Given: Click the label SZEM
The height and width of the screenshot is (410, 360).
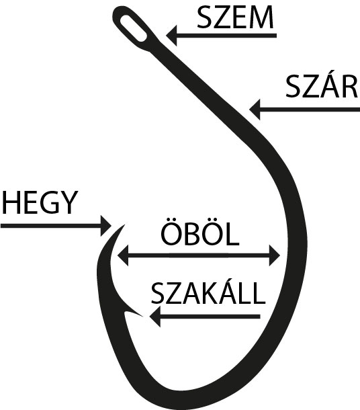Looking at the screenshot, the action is click(x=235, y=17).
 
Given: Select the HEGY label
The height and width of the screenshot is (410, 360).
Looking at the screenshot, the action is click(x=40, y=202).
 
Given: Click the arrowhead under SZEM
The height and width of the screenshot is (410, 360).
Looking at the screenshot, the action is click(x=172, y=36).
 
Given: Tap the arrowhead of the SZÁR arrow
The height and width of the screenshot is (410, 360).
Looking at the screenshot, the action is click(x=255, y=110).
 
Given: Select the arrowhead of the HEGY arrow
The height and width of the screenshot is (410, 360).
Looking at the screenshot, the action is click(x=106, y=226).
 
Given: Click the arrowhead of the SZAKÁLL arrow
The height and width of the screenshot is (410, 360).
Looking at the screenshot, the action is click(x=155, y=317).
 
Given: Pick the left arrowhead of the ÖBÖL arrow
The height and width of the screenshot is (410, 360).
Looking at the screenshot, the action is click(x=123, y=255).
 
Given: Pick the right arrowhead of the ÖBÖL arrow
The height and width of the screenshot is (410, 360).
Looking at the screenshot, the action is click(x=275, y=255).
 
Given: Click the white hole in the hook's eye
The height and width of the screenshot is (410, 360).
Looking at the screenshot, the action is click(x=134, y=28).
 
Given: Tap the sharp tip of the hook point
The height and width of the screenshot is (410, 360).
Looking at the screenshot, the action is click(x=124, y=224).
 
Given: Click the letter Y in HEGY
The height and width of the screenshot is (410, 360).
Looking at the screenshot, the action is click(x=69, y=202).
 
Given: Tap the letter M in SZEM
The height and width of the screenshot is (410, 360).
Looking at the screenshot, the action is click(x=262, y=17).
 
